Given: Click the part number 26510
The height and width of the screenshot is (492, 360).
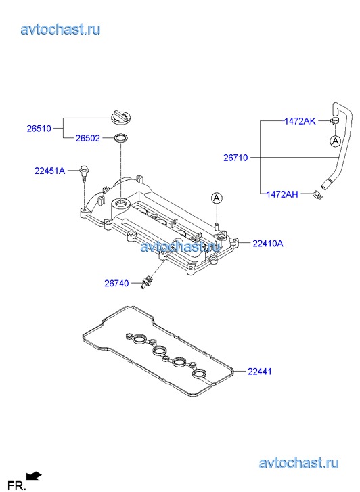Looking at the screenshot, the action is [x=39, y=129].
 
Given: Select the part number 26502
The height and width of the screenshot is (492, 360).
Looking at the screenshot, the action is [x=87, y=138].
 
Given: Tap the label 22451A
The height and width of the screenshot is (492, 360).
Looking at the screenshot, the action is [x=49, y=171].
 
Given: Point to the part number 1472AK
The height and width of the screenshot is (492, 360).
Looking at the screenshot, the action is [x=300, y=121].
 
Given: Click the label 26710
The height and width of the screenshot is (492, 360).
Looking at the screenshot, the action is [x=235, y=158].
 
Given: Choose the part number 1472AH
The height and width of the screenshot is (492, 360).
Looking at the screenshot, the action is [x=282, y=194].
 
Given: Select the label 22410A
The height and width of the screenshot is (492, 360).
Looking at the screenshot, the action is [x=268, y=243].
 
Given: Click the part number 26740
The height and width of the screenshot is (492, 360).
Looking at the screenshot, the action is [x=116, y=283].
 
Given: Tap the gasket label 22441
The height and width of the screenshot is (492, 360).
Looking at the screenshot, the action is [x=260, y=372].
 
